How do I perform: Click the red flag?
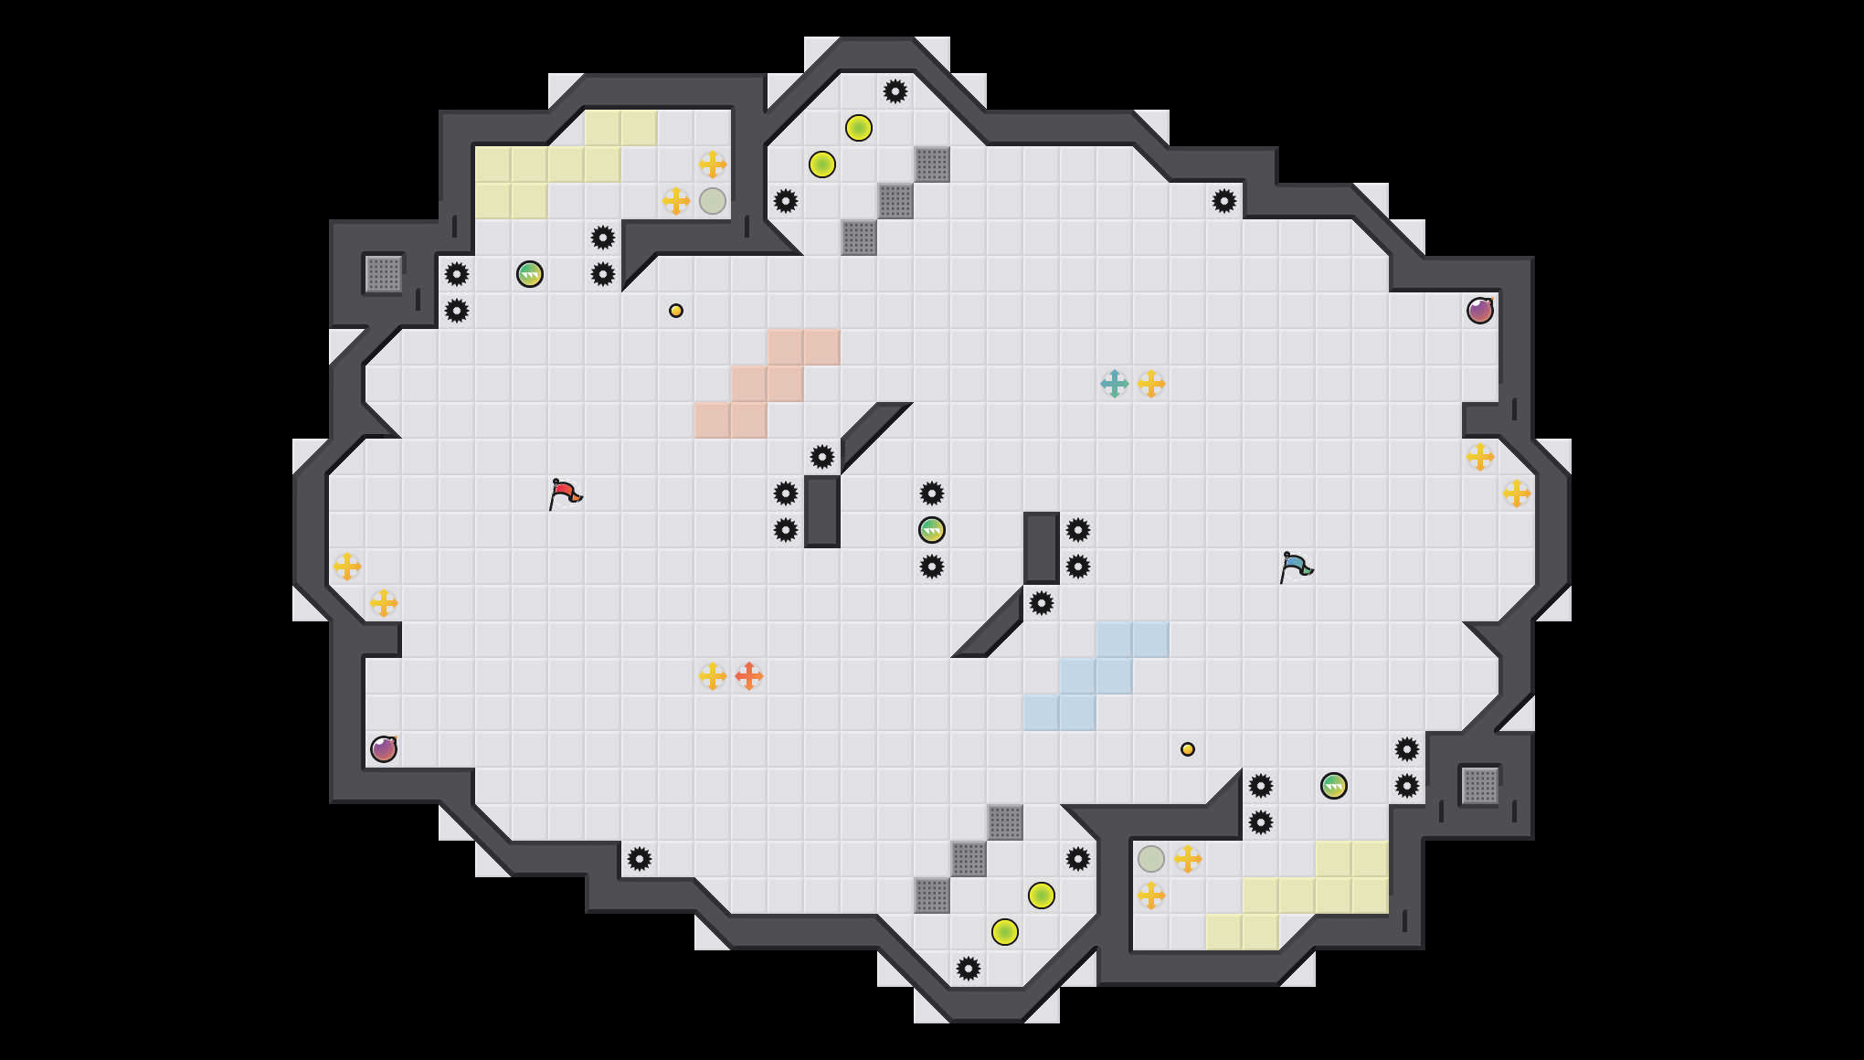(565, 493)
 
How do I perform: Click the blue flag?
(1296, 567)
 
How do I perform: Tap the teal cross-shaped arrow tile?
(1115, 384)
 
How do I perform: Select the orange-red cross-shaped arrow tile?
(749, 676)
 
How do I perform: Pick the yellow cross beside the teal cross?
(1151, 384)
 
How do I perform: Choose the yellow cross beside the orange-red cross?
(713, 676)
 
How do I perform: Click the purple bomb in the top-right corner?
(1480, 311)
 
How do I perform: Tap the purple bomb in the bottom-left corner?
(384, 749)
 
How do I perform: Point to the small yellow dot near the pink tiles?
(676, 311)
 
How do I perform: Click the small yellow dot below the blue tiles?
(1188, 749)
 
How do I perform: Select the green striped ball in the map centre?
(932, 530)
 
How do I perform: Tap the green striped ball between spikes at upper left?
(530, 274)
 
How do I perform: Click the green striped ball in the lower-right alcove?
(1334, 786)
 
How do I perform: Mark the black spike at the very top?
(895, 91)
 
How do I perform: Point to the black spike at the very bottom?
(969, 969)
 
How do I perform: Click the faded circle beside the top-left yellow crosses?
(713, 201)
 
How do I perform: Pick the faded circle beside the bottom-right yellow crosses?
(1151, 859)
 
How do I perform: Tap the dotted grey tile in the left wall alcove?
(384, 274)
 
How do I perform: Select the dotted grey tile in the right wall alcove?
(1480, 786)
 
